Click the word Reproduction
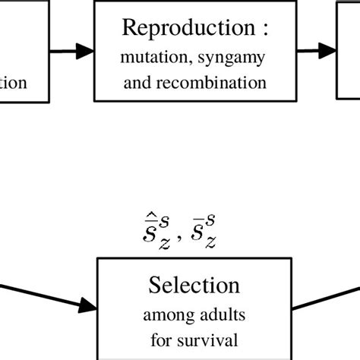pyautogui.click(x=187, y=28)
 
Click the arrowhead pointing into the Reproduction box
pyautogui.click(x=88, y=52)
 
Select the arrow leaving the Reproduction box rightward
pyautogui.click(x=316, y=52)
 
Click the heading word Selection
pyautogui.click(x=194, y=286)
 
